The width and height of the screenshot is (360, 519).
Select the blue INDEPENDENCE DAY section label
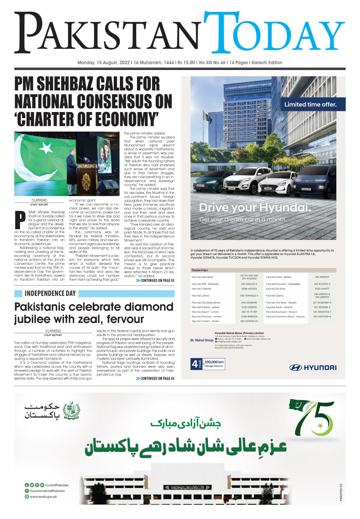51,293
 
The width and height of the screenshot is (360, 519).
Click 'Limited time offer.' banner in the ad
311,104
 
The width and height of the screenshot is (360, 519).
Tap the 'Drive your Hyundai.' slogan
255,208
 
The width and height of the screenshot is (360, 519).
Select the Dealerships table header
200,270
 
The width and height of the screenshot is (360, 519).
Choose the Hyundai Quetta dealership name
277,295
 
